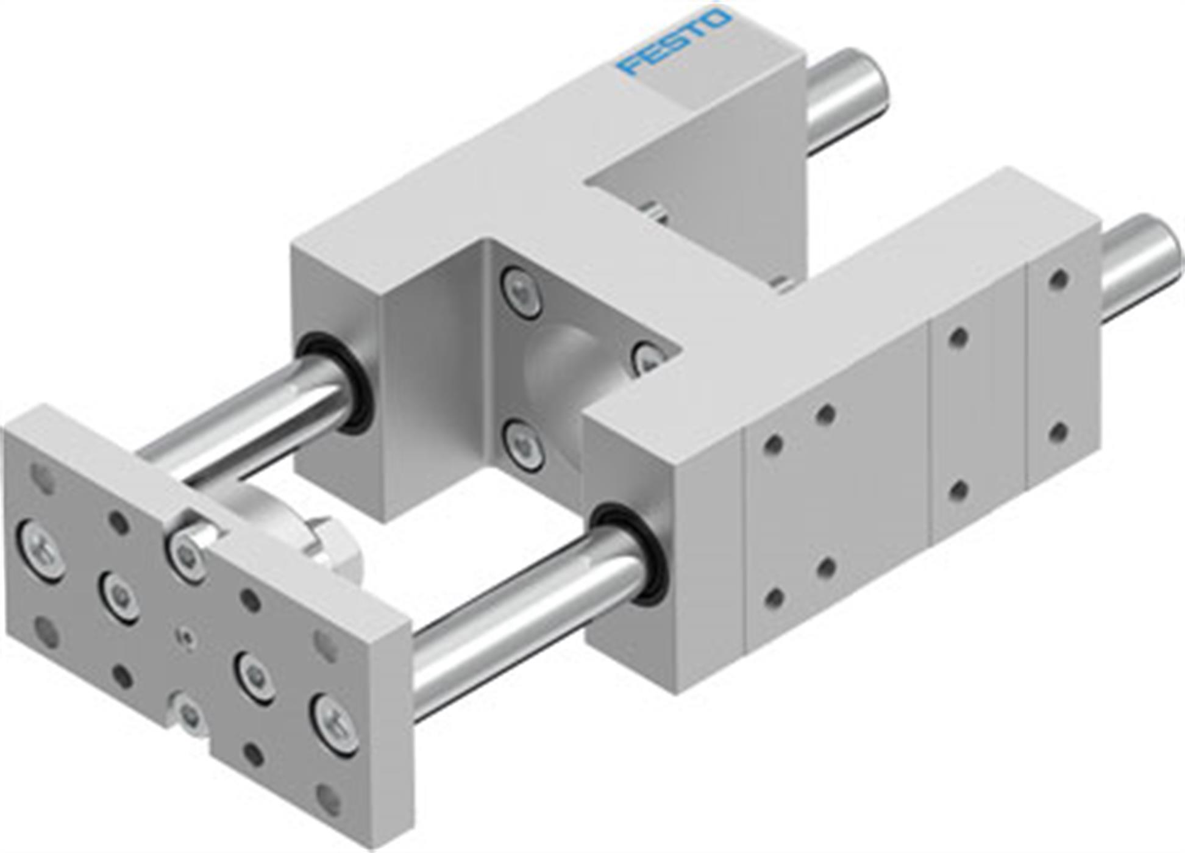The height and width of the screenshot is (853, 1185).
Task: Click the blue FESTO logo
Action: pos(674,41)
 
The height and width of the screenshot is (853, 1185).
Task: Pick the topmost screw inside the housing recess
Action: pos(521,291)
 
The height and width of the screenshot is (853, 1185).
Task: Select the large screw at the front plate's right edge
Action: pos(335,725)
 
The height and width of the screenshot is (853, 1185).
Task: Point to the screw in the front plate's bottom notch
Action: pos(189,713)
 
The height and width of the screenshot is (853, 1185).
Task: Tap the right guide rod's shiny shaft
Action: pos(524,616)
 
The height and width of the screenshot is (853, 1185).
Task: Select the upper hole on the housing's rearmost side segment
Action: pos(1059,279)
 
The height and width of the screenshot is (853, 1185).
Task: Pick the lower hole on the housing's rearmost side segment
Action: pos(1059,432)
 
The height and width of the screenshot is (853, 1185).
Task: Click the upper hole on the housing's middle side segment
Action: pos(959,337)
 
